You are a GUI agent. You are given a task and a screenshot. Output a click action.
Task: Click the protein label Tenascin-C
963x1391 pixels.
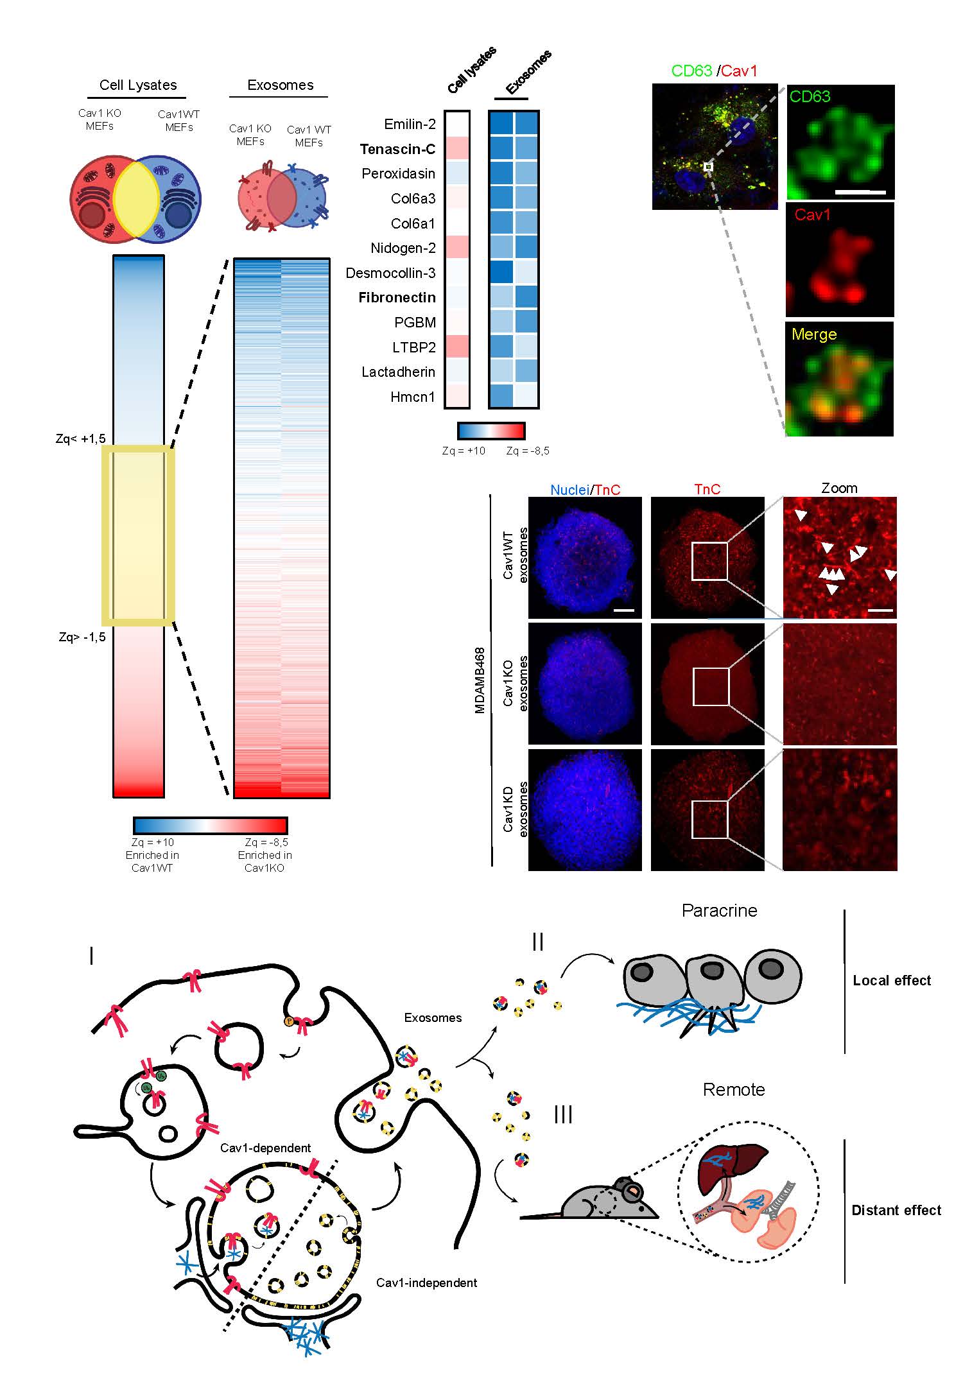397,150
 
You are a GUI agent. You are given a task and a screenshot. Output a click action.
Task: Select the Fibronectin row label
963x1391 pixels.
397,298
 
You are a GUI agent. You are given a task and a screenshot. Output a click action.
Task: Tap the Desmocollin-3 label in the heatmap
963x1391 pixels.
390,273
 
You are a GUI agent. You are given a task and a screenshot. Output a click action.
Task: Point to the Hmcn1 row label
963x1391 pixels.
412,397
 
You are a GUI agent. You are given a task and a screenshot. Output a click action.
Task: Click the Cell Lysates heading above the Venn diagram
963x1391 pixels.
138,85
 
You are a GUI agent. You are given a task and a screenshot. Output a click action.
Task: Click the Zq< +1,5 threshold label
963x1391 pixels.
81,439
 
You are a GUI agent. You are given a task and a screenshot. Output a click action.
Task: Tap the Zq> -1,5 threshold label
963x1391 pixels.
82,637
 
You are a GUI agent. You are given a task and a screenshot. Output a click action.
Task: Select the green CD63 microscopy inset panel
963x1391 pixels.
840,142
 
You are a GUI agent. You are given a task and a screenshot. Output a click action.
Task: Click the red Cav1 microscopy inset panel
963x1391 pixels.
840,260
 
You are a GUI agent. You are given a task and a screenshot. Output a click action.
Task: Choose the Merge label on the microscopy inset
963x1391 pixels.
814,334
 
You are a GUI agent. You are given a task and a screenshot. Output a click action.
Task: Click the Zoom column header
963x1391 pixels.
839,488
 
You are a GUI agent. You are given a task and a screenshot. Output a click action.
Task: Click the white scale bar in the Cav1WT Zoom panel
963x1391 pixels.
881,610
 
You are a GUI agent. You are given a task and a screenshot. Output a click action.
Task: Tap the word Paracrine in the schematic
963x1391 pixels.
719,911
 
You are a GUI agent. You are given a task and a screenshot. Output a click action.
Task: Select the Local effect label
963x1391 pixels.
892,981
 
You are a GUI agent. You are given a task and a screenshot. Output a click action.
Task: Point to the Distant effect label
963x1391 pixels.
896,1211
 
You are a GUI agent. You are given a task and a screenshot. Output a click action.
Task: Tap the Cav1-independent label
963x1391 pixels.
426,1283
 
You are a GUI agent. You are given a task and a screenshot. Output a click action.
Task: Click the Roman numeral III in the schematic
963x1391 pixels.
563,1115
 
